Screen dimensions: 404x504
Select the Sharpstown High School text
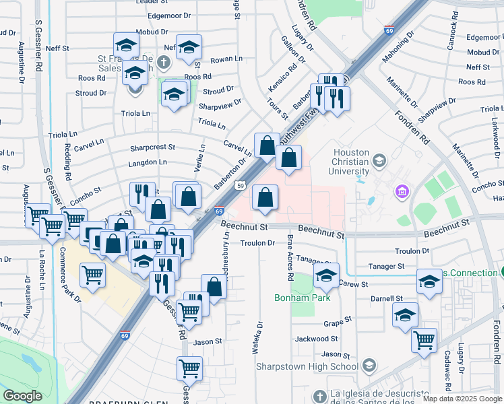(307, 366)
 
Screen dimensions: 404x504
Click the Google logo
(22, 396)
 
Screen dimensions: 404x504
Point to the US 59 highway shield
(241, 185)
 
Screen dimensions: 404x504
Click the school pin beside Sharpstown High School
(369, 366)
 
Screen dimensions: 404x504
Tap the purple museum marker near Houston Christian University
(402, 193)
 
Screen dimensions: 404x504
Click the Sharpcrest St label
(152, 147)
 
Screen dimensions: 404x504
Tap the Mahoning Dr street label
(396, 54)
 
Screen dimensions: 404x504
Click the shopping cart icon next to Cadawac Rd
(424, 341)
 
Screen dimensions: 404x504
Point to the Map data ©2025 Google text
(462, 399)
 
